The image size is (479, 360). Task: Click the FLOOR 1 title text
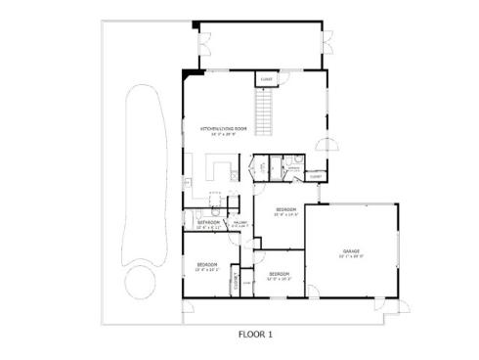pos(255,334)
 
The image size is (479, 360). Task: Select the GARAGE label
pos(352,251)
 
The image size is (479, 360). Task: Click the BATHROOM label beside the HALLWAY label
pos(209,222)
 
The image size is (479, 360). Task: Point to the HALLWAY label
pos(239,223)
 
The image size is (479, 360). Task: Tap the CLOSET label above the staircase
pos(265,79)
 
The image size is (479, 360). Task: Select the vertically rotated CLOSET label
pos(237,282)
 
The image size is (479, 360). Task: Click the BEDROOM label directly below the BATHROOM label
pos(206,265)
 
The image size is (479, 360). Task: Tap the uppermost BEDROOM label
pos(285,210)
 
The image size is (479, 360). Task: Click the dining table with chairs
pos(209,204)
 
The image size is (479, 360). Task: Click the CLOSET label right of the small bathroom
pos(316,176)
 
